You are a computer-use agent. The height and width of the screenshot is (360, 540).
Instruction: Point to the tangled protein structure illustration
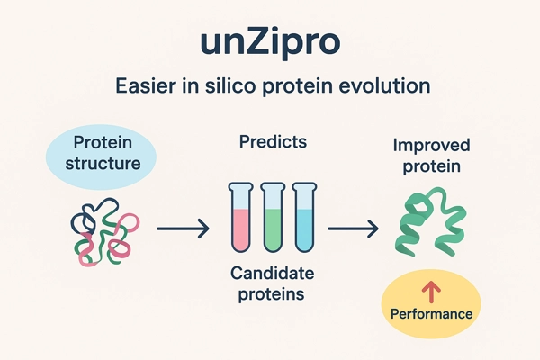[101, 231]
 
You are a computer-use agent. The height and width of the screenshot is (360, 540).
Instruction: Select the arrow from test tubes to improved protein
[351, 230]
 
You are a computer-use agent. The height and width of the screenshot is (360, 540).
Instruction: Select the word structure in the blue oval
[101, 165]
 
